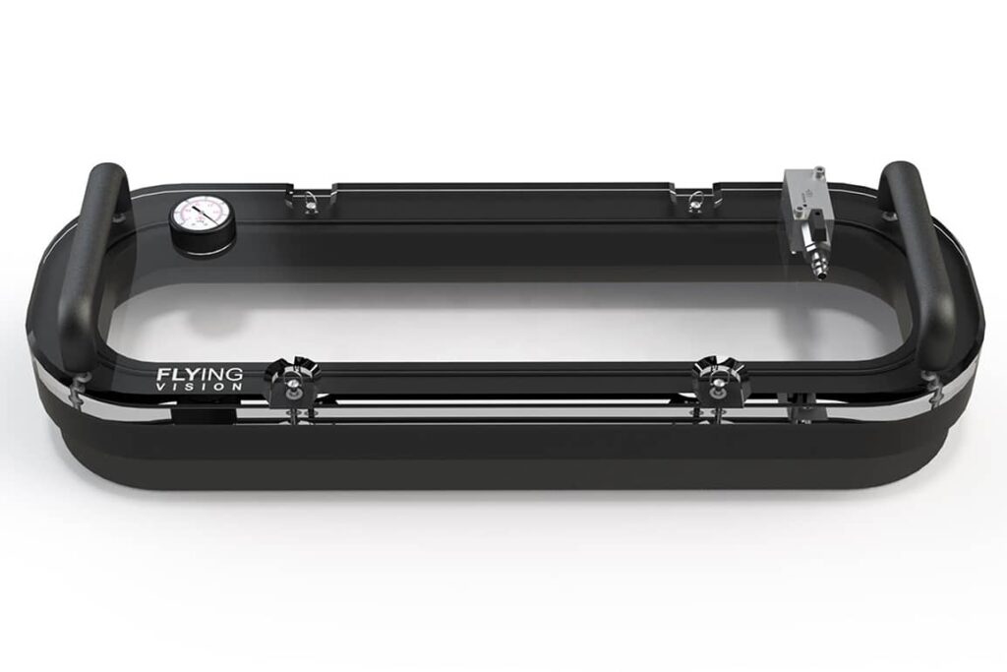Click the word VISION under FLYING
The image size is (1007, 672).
tap(200, 387)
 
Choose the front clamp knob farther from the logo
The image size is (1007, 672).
tap(720, 378)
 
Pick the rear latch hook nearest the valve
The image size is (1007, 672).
tap(695, 200)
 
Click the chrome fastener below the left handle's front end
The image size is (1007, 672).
tap(79, 387)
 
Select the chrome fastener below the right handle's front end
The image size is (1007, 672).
tap(932, 387)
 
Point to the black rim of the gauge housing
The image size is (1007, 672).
tap(184, 236)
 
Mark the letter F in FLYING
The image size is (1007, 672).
tap(162, 374)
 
